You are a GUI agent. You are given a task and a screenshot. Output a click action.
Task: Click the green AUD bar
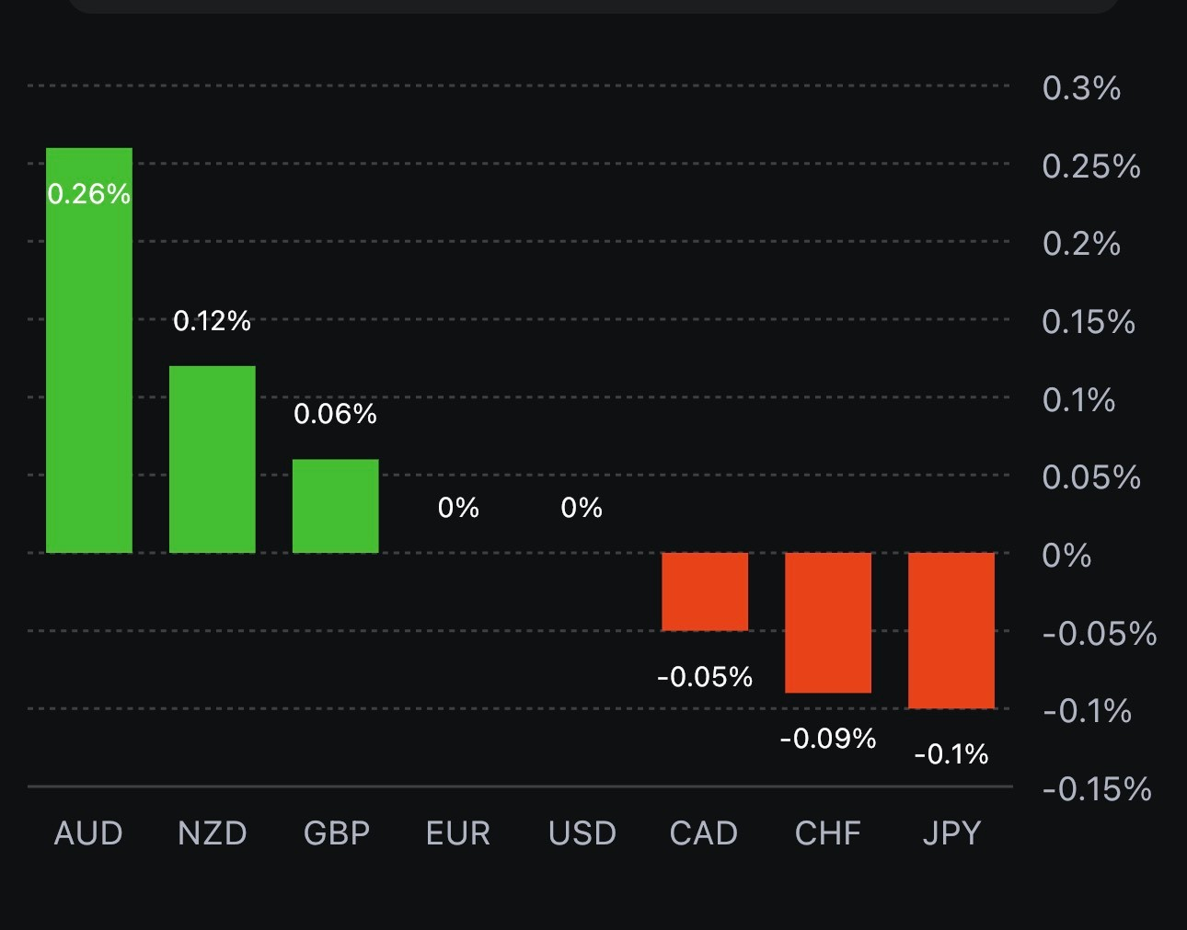coord(89,368)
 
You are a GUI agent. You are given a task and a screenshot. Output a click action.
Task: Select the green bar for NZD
coord(212,460)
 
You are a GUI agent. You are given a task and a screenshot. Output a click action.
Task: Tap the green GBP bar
coord(335,506)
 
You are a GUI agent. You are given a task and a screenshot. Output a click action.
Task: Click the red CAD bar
coord(705,591)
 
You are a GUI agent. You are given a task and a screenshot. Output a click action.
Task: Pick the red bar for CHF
coord(827,623)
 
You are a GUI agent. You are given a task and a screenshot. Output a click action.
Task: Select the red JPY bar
coord(951,630)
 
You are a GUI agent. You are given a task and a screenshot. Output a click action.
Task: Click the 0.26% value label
coord(89,194)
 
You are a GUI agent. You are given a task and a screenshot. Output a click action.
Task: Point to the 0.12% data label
coord(212,321)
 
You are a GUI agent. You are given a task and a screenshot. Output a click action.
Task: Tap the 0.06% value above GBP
coord(335,414)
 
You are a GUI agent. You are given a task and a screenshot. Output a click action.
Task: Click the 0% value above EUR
coord(458,508)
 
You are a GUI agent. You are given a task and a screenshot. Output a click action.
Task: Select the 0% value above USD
coord(582,508)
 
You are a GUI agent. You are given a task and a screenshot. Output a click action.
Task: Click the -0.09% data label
coord(827,739)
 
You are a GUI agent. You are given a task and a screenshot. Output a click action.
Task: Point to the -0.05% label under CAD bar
coord(705,677)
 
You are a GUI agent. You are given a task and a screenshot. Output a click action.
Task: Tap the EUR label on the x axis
coord(458,833)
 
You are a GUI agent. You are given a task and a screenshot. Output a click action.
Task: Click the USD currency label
coord(582,833)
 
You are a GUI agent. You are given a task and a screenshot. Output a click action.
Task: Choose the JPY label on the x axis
coord(951,833)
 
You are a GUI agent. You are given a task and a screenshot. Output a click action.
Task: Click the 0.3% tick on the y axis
coord(1081,88)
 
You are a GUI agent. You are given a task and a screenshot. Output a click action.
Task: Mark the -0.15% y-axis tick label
coord(1097,789)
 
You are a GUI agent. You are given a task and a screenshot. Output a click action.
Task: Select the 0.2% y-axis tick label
coord(1081,244)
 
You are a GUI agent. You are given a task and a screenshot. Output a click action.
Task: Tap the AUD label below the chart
coord(89,833)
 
